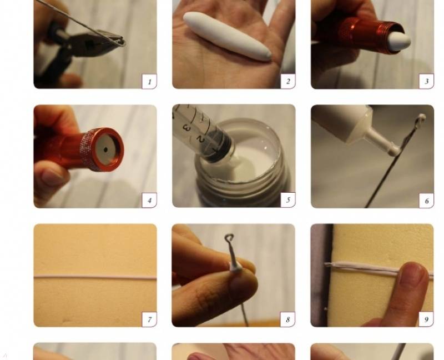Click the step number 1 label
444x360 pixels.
click(149, 82)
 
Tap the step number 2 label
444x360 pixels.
click(288, 81)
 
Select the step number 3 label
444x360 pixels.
click(426, 82)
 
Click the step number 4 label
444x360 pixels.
click(149, 201)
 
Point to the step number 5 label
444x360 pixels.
click(288, 200)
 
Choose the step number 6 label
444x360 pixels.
click(426, 201)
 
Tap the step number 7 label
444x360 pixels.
click(149, 319)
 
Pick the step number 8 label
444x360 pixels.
click(287, 319)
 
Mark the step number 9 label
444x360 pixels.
click(426, 319)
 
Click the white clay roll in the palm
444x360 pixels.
click(227, 36)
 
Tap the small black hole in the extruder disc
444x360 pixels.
click(105, 150)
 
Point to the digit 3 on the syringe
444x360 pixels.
click(186, 128)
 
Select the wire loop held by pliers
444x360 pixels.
click(120, 41)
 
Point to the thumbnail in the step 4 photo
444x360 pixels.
click(52, 177)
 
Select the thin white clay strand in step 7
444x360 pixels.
click(95, 277)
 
